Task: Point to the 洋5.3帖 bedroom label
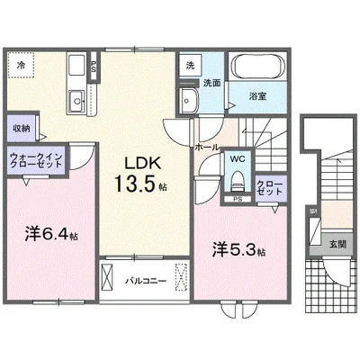pos(238,249)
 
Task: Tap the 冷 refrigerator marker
pos(21,64)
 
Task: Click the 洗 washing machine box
pos(190,65)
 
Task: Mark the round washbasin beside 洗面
pos(189,99)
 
